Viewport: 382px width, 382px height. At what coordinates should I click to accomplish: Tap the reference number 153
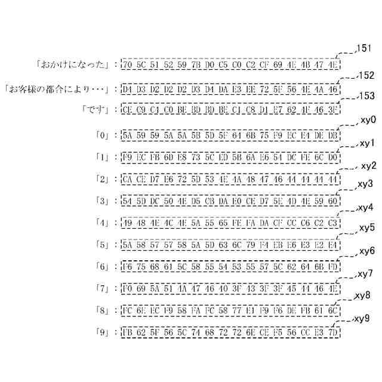[x=366, y=96]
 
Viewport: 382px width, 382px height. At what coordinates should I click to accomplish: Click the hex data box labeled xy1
[x=230, y=158]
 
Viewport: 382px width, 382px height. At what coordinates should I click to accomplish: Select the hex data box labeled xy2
[x=230, y=180]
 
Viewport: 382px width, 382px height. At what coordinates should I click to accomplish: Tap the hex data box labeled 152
[x=230, y=90]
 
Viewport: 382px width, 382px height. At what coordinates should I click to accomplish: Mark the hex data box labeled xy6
[x=230, y=267]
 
